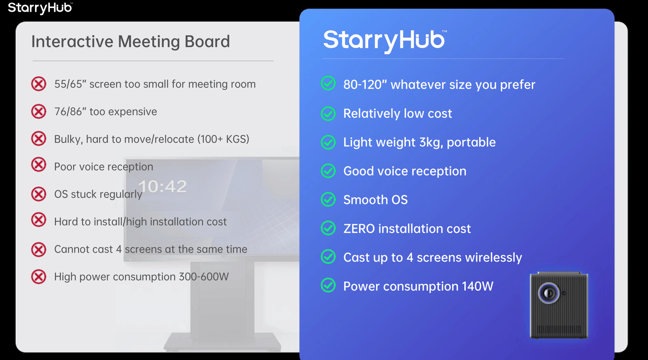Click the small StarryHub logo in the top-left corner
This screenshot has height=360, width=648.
pos(40,8)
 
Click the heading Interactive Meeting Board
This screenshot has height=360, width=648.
pos(130,41)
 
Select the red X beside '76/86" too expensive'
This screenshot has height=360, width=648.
pos(39,112)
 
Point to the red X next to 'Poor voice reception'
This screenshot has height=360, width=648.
pos(39,164)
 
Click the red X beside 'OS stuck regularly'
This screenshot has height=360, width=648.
pos(39,194)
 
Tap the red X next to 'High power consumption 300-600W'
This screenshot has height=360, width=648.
pos(39,277)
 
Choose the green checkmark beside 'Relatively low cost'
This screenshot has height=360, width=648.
pos(328,113)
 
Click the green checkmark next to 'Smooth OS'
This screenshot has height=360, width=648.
pos(328,199)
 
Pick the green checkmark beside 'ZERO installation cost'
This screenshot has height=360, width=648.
pos(328,228)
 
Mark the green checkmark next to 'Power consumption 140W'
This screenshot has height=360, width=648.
pos(328,285)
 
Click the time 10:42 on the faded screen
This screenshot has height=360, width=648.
pos(162,186)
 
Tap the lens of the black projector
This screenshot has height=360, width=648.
pos(549,293)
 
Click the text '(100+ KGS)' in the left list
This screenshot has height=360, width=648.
pos(223,139)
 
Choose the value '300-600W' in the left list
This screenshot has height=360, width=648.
pos(204,277)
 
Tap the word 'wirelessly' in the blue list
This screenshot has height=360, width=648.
pos(495,257)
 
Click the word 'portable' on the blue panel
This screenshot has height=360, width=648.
pos(471,143)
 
